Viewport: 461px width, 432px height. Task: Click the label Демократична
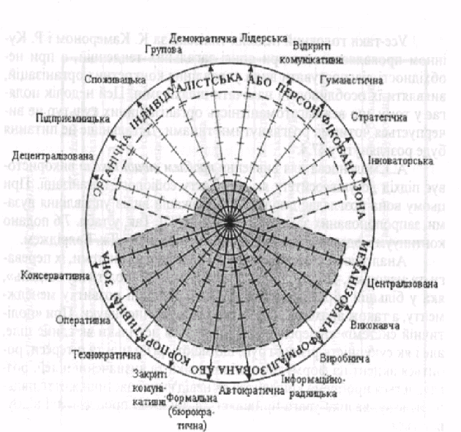click(x=198, y=37)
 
